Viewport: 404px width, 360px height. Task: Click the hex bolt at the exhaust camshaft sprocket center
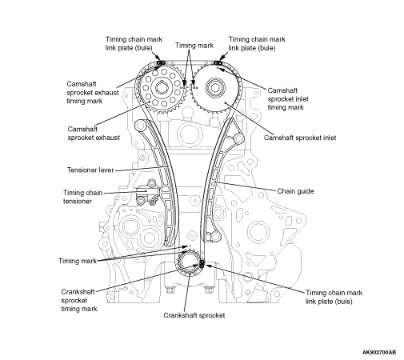pos(161,87)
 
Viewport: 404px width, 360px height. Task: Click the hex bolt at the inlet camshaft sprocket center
pos(215,87)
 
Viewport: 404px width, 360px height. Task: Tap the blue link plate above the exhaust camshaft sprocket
pos(162,62)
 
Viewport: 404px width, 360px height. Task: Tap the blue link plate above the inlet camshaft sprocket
pos(218,63)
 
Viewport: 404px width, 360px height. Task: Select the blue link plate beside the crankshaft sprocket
pos(202,263)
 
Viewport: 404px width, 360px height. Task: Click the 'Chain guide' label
pos(295,191)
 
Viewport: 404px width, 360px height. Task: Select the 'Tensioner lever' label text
pos(90,170)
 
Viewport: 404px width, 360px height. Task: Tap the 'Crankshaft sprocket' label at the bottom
pos(194,315)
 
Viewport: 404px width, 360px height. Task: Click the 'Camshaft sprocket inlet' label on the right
pos(300,138)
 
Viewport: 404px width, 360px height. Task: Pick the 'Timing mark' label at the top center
pos(194,46)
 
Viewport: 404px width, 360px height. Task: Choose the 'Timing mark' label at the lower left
pos(78,261)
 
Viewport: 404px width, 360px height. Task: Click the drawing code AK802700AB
pos(379,352)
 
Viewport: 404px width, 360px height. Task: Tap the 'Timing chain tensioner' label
pos(82,197)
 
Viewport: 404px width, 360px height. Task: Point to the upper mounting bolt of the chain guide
pos(238,138)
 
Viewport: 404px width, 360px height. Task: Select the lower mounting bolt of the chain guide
pos(216,236)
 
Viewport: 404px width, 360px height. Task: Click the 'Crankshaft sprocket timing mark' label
pos(79,300)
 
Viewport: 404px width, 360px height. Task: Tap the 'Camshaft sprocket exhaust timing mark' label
pos(93,93)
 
